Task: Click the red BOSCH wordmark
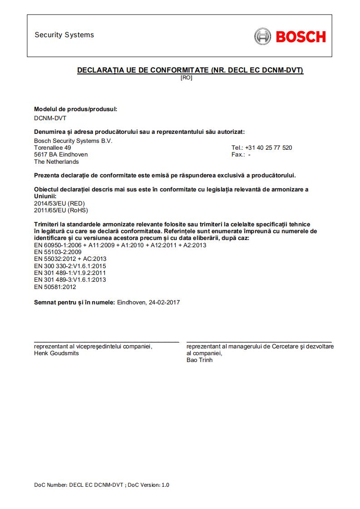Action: (x=301, y=36)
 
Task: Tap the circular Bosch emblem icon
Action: (x=262, y=36)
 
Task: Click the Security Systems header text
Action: (x=64, y=35)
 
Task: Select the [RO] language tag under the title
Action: (x=186, y=78)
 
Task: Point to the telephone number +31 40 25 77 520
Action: (x=261, y=148)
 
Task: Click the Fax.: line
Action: (x=241, y=155)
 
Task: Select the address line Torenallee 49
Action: (x=52, y=148)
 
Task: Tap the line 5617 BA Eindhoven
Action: (x=61, y=155)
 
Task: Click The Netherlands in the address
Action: (x=56, y=162)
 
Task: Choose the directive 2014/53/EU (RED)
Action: (x=59, y=203)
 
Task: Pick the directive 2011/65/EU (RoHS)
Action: (x=61, y=210)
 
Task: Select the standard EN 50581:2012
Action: (x=55, y=287)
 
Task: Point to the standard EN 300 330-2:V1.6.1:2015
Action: (x=70, y=266)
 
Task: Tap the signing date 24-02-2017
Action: (x=164, y=302)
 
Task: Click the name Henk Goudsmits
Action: (x=56, y=353)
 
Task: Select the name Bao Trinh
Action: (x=199, y=360)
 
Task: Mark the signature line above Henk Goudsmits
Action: (x=107, y=342)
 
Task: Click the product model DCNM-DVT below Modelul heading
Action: (x=50, y=118)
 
